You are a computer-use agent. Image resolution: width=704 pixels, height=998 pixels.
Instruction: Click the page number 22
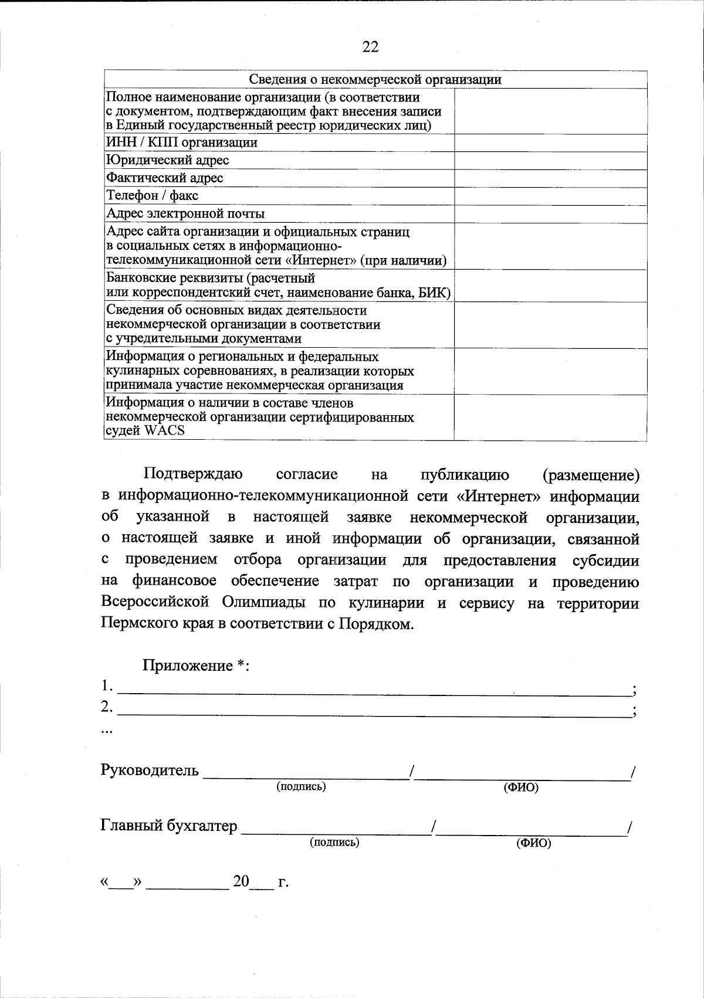(x=370, y=47)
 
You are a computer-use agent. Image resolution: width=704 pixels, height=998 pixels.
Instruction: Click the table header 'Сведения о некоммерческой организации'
(x=375, y=80)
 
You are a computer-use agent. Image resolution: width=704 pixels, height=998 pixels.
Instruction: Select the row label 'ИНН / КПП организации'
(x=181, y=142)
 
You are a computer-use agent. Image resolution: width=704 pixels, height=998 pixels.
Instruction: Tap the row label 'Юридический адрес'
(x=167, y=160)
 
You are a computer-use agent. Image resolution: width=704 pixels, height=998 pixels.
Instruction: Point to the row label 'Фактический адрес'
(x=164, y=178)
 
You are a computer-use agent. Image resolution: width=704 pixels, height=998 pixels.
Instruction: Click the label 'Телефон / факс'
(x=152, y=195)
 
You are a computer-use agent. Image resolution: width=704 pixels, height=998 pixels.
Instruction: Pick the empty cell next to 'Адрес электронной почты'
(x=550, y=213)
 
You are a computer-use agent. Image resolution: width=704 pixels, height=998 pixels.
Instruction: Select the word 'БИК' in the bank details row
(x=432, y=293)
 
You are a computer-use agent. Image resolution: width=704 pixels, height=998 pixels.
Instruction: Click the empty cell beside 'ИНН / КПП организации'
(x=550, y=142)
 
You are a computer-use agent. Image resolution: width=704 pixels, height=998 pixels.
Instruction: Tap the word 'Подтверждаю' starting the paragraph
(x=193, y=474)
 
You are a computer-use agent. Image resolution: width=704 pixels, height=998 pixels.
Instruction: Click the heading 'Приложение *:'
(x=196, y=666)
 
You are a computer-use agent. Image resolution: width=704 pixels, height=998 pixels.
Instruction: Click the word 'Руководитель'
(x=150, y=770)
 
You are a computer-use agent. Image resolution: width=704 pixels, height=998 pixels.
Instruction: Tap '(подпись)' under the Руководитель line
(x=301, y=786)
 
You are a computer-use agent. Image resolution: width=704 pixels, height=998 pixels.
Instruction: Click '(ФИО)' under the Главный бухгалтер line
(x=533, y=844)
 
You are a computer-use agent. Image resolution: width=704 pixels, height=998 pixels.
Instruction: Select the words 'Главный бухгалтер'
(x=169, y=826)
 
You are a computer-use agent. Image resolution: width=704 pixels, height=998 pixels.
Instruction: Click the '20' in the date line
(x=241, y=881)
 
